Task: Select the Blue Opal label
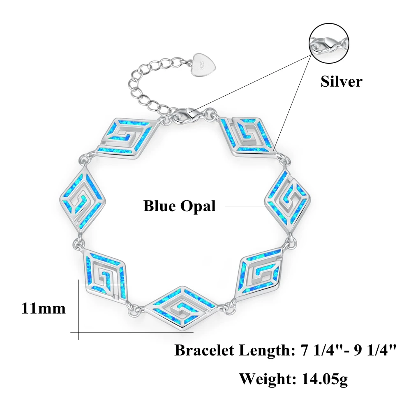(x=179, y=205)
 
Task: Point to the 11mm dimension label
(x=43, y=308)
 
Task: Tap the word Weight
(x=265, y=378)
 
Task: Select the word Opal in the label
(x=200, y=205)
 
